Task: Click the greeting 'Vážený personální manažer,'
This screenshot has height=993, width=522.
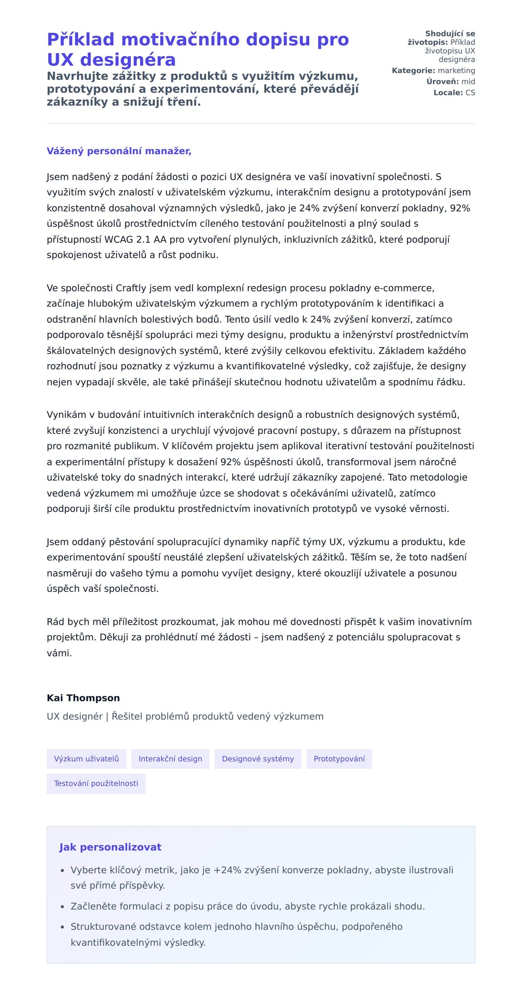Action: click(x=119, y=151)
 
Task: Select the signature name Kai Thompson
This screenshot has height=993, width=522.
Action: click(x=83, y=698)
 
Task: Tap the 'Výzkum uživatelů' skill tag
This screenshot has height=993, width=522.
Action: click(x=86, y=759)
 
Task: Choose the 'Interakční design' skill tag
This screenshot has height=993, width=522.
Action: click(x=170, y=759)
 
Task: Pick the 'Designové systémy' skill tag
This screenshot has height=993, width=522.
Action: click(x=258, y=759)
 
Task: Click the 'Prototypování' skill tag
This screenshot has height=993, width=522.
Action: click(x=339, y=759)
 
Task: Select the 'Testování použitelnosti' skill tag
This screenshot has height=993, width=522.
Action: click(x=96, y=784)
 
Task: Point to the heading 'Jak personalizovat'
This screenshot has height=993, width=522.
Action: click(x=110, y=847)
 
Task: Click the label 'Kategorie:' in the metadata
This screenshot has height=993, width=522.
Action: click(x=413, y=71)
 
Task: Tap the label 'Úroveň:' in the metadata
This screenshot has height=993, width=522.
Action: click(x=442, y=81)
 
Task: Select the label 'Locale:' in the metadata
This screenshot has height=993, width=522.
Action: click(x=448, y=93)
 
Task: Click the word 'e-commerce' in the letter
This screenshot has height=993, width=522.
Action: click(x=403, y=288)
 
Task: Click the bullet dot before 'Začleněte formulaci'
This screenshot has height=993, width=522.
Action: click(x=63, y=907)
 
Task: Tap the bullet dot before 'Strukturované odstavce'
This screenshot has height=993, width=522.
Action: click(x=63, y=927)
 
